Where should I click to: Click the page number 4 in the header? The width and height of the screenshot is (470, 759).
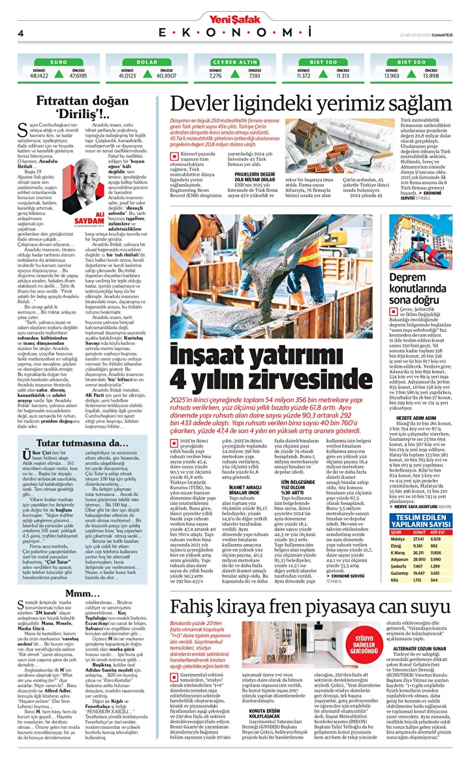pos(21,33)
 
